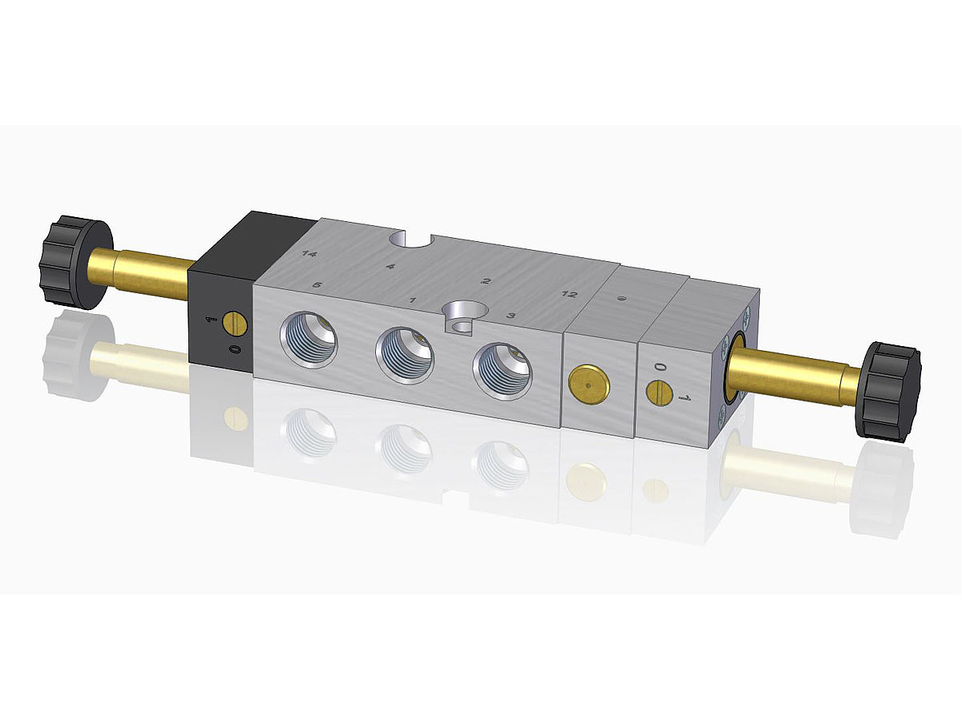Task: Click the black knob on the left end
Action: coord(75,262)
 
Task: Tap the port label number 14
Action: coord(309,253)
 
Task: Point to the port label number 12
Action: coord(568,294)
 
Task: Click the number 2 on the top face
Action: coord(485,281)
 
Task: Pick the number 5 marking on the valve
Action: coord(317,285)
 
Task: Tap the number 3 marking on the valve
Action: coord(510,316)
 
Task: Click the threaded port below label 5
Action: coord(309,340)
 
